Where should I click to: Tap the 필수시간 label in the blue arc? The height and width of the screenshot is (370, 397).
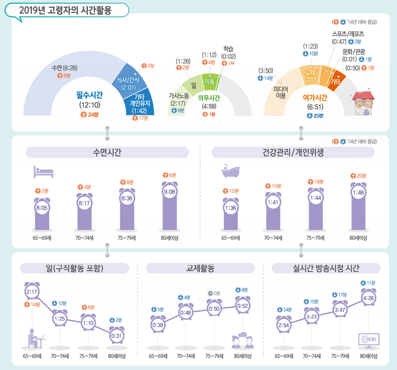(x=89, y=95)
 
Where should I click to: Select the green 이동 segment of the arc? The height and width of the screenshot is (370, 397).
(x=209, y=82)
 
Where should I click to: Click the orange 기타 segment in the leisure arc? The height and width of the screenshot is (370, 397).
(x=336, y=82)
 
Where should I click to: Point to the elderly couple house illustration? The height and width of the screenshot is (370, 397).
(x=366, y=104)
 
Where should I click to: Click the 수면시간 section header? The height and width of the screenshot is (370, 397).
(x=107, y=152)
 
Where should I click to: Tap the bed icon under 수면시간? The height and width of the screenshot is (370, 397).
(x=44, y=172)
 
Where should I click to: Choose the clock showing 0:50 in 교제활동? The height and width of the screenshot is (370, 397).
(x=214, y=308)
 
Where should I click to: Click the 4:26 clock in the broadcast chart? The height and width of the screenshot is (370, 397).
(x=368, y=299)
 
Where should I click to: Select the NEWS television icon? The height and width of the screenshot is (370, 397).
(x=369, y=339)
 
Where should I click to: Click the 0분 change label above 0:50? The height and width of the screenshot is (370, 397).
(x=214, y=293)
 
